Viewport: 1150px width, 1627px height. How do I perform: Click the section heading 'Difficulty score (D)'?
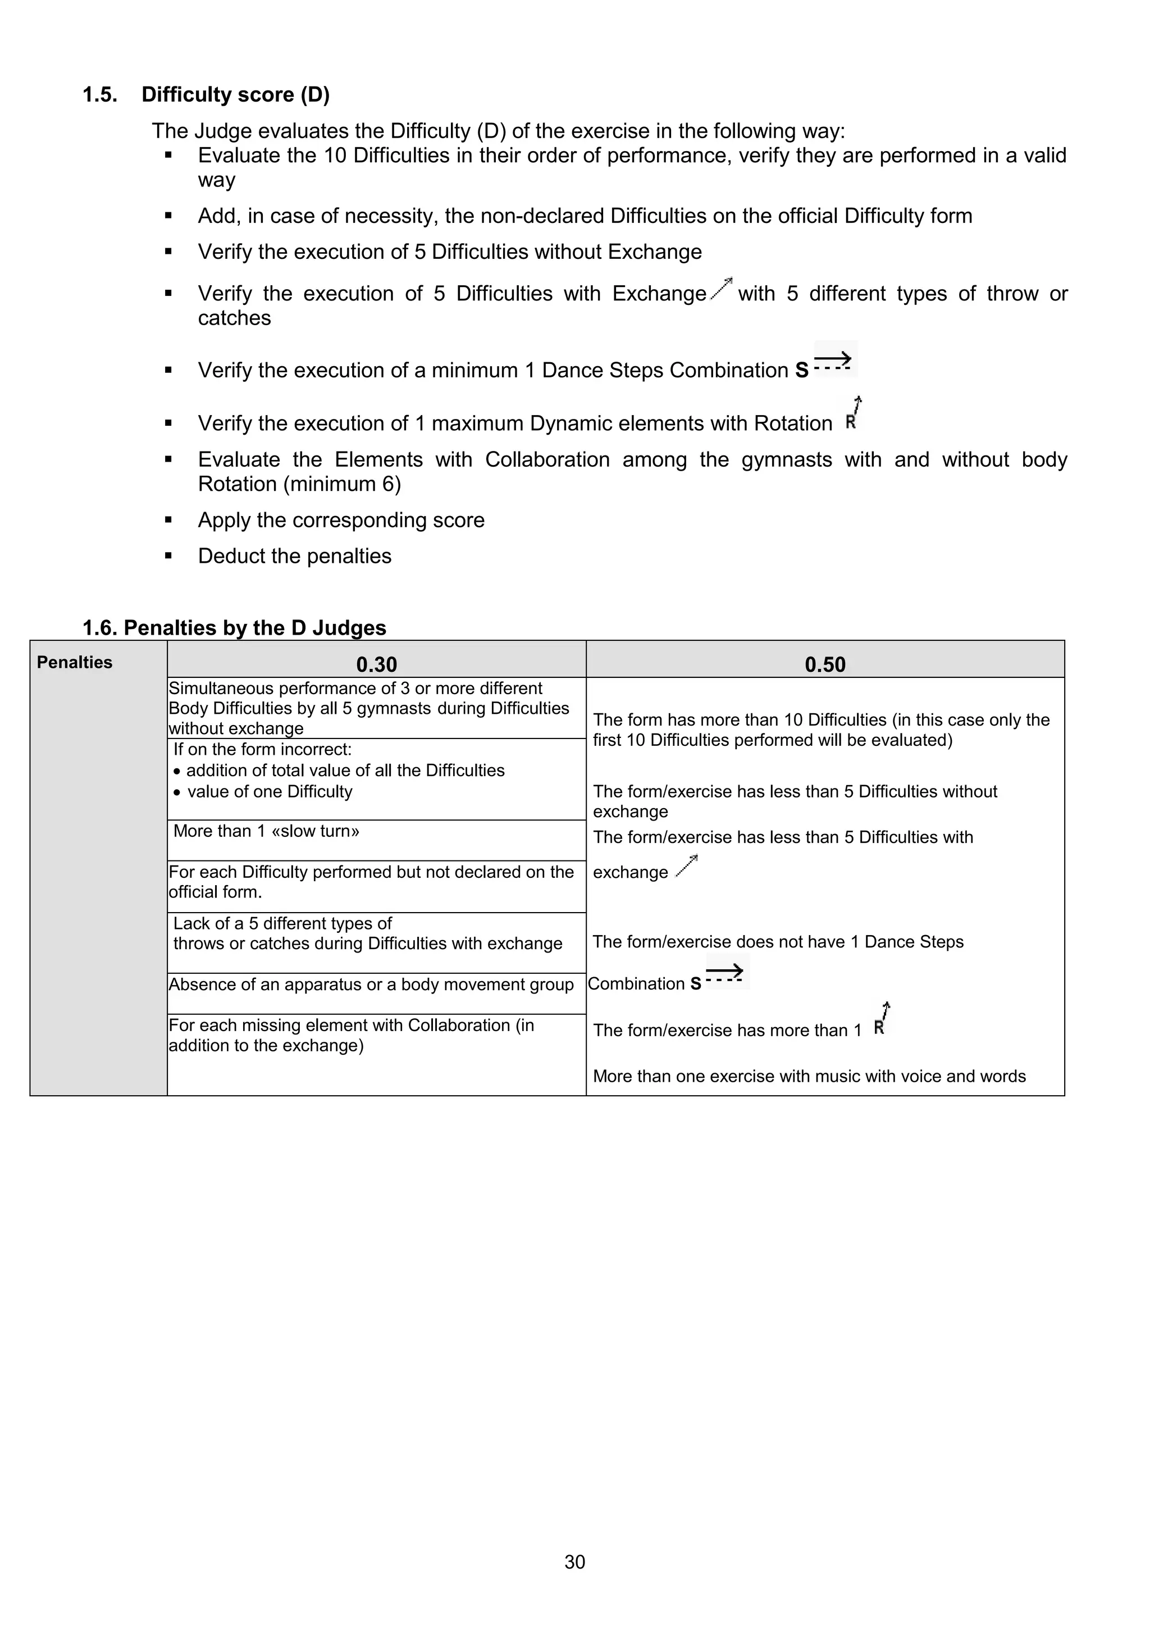[235, 94]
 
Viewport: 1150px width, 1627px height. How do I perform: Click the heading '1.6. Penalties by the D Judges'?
[234, 627]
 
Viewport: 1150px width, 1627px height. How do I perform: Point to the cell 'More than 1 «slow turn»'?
[266, 831]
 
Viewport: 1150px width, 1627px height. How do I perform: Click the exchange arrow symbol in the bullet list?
[722, 289]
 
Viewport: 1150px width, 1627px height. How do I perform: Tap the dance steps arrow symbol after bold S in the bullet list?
[833, 361]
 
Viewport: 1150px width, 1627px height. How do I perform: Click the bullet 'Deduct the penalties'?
[294, 555]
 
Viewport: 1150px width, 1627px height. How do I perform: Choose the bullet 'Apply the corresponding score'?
[341, 519]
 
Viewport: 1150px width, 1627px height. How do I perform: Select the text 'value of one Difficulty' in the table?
[270, 791]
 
